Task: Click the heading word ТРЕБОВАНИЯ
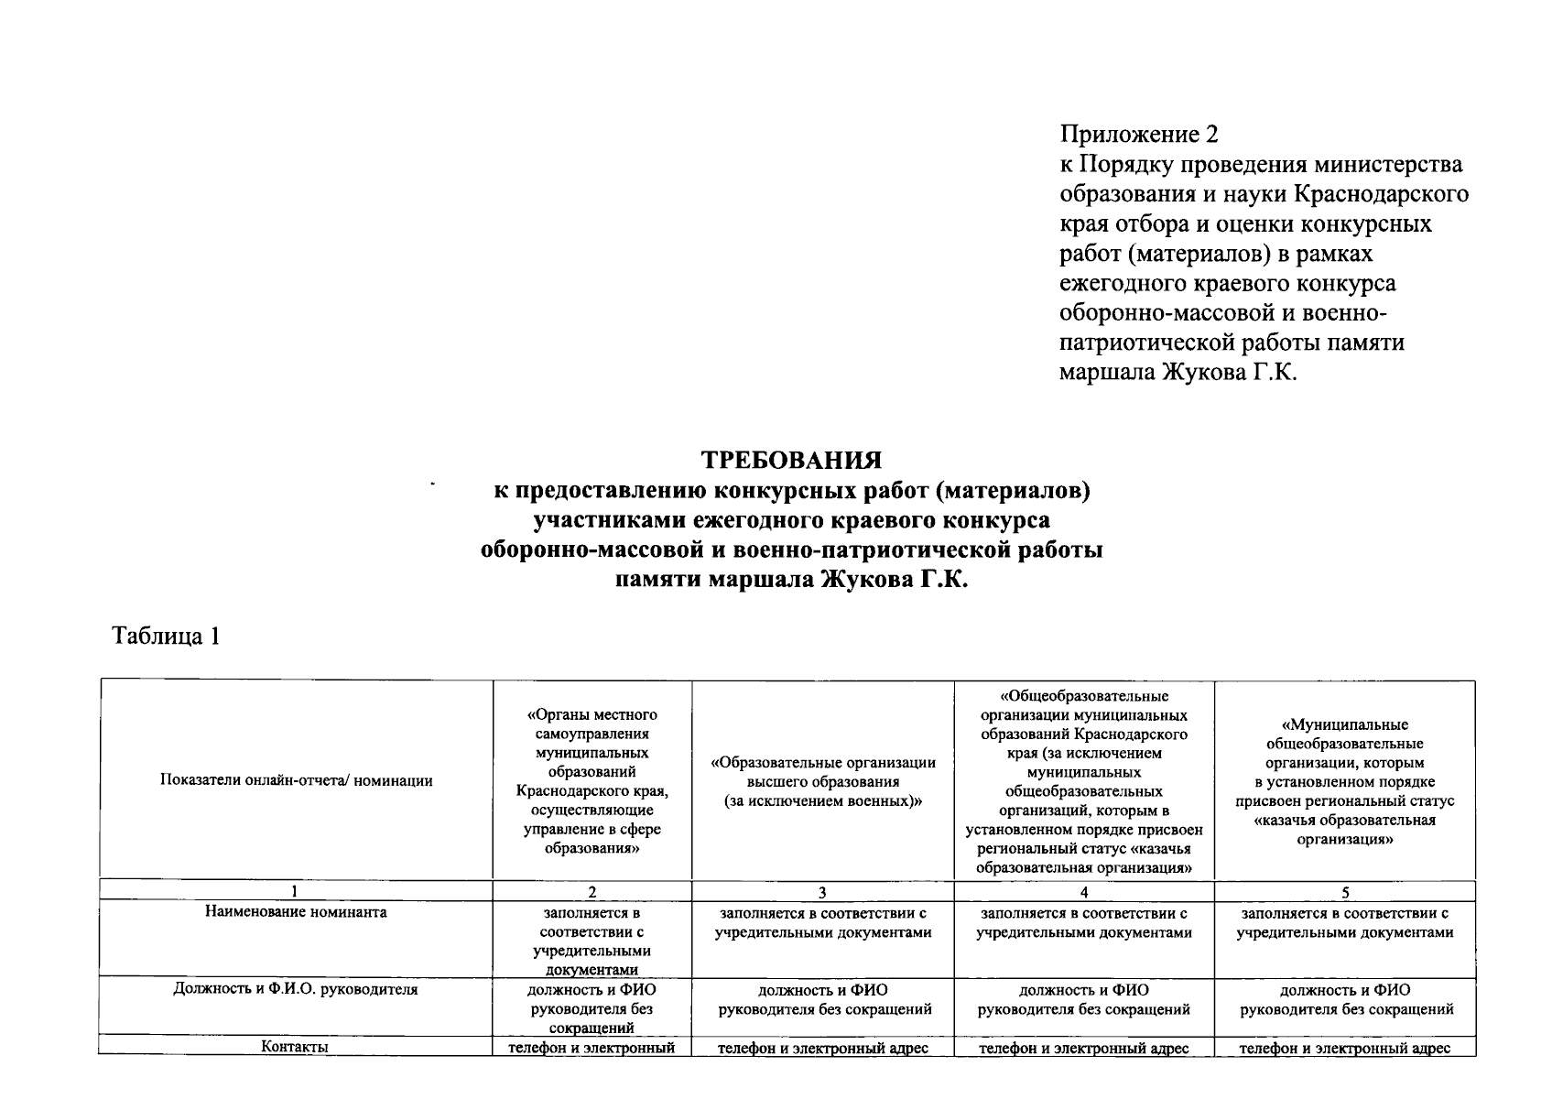click(791, 458)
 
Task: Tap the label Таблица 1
click(166, 636)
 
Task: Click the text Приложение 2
click(1139, 135)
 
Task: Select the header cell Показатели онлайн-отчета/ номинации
click(296, 780)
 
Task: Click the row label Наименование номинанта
click(296, 912)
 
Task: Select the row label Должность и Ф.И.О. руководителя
click(296, 990)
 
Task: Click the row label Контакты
click(296, 1047)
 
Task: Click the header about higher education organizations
click(822, 781)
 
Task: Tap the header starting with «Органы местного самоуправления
click(591, 780)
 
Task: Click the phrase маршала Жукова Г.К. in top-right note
click(1178, 372)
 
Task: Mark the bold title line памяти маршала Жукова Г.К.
click(791, 581)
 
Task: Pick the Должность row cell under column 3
click(822, 1000)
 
